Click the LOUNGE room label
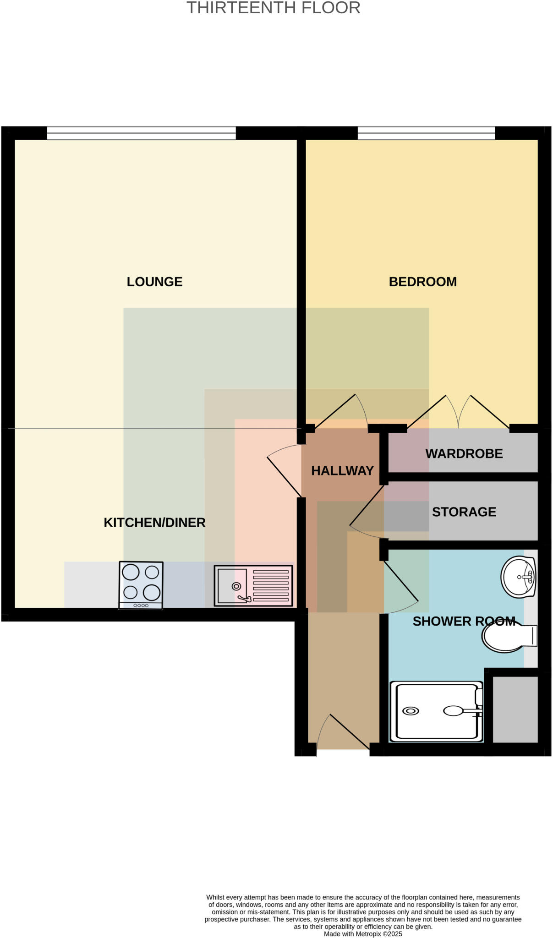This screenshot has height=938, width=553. pos(154,282)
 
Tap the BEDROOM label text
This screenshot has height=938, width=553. pos(422,282)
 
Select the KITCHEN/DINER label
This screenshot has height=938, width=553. pos(154,523)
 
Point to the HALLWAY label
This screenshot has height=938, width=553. pos(342,471)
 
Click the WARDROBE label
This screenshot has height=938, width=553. pos(464,454)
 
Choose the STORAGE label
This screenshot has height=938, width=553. pos(464,512)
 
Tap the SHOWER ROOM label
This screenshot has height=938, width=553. pos(464,622)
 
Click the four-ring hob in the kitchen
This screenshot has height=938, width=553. pos(141,585)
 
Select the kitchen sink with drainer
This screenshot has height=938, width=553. pos(253,586)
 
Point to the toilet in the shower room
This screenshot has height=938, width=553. pos(509,637)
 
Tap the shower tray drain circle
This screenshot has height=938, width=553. pos(411,711)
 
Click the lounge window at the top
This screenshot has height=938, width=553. pos(141,133)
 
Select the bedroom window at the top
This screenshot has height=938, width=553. pos(426,133)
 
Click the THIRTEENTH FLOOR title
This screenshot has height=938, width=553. pos(273,8)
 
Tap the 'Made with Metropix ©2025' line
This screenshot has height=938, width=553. pos(363,934)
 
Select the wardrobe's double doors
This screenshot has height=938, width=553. pos(458,412)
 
